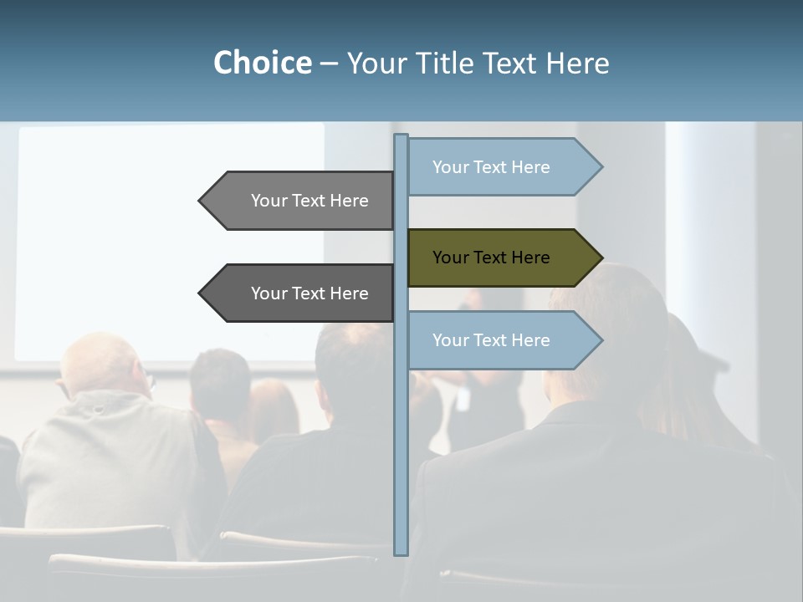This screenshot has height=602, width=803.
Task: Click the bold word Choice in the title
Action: click(x=262, y=63)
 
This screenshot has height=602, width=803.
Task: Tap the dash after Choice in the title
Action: click(x=329, y=64)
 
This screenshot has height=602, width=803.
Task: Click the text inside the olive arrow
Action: click(x=491, y=258)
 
